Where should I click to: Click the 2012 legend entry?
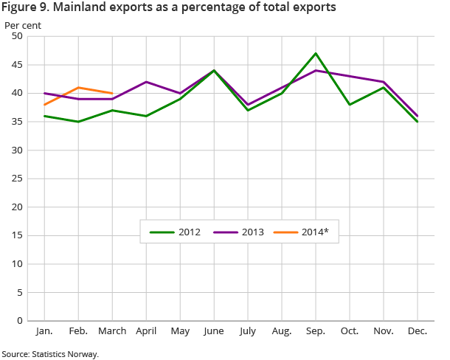tap(174, 232)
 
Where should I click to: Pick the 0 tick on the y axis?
tap(21, 320)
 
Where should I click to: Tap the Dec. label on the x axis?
tap(418, 332)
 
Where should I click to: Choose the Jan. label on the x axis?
tap(45, 332)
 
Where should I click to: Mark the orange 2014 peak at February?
tap(78, 88)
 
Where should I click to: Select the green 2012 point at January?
tap(45, 116)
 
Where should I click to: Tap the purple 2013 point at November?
tap(384, 82)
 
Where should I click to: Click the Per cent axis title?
tap(23, 24)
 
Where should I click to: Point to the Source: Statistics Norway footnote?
tap(50, 354)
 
